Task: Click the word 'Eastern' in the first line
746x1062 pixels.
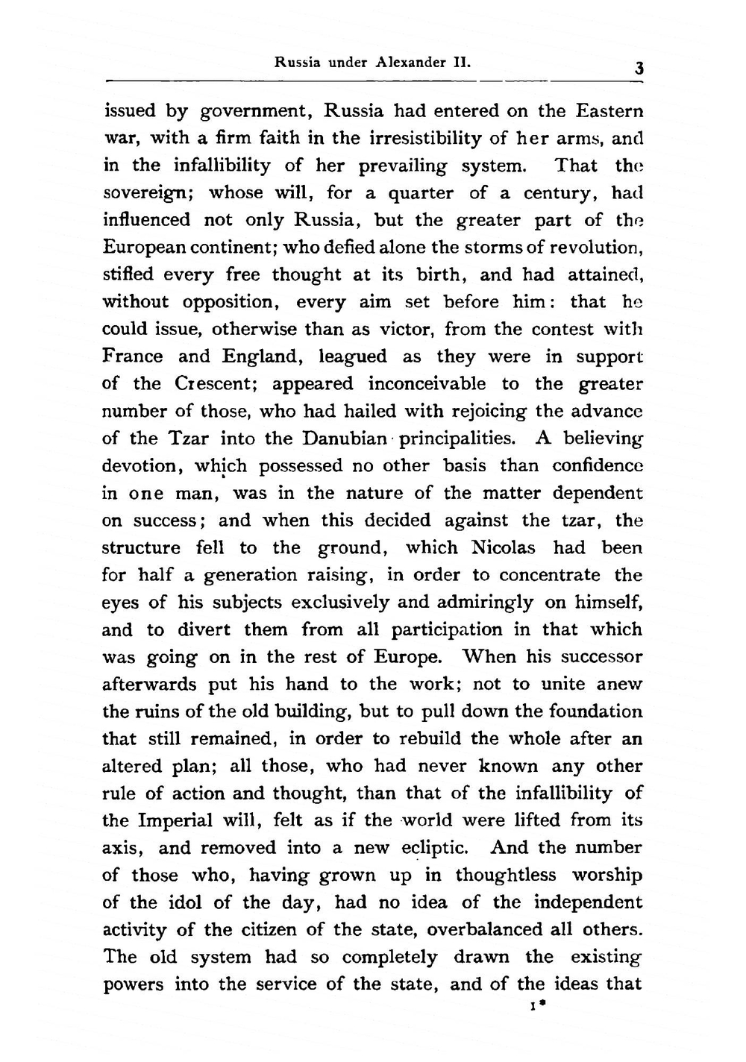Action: click(x=609, y=111)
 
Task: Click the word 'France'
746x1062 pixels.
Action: click(x=131, y=356)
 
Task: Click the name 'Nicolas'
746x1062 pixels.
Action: click(x=504, y=548)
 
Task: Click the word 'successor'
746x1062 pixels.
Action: click(x=600, y=657)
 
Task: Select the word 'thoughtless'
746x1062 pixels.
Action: click(x=506, y=875)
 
